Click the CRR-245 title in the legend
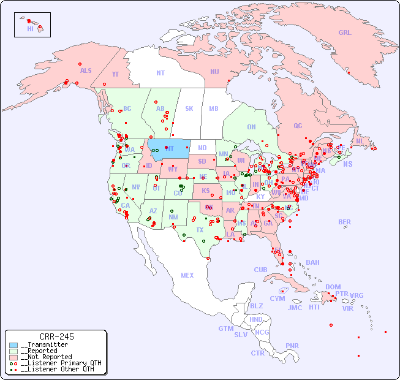point(56,336)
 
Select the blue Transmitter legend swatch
point(13,345)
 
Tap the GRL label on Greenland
point(345,33)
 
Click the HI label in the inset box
point(30,29)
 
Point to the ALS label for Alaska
point(86,71)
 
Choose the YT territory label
point(115,75)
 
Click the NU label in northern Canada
point(214,72)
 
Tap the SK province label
point(189,109)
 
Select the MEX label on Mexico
point(187,276)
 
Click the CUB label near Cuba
point(260,270)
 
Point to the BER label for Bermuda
point(344,222)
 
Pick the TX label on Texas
point(200,230)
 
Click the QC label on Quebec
point(298,126)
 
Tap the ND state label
point(202,148)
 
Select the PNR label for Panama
point(292,346)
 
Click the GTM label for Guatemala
point(225,329)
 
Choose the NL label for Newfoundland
point(360,141)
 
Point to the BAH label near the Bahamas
point(312,262)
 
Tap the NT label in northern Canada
point(160,73)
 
